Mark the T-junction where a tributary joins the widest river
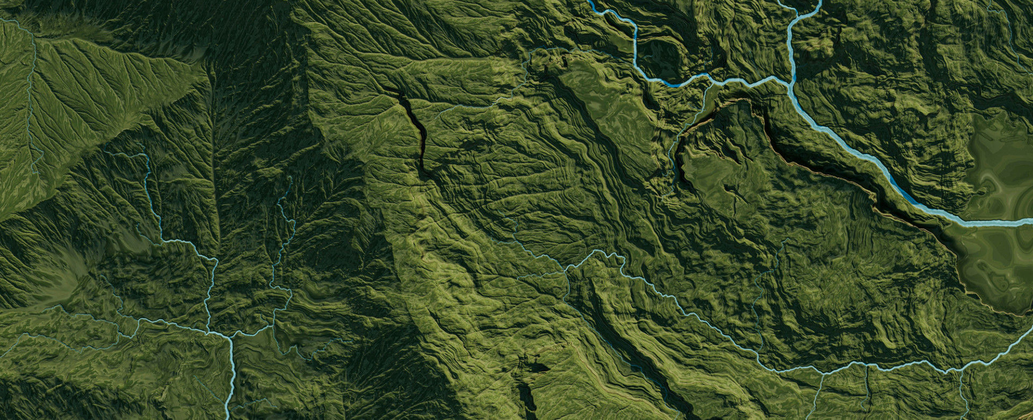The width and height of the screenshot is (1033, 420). tap(791, 81)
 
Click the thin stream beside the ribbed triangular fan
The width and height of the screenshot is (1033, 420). tap(32, 108)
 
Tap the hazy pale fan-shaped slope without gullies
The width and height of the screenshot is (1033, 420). tap(70, 269)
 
